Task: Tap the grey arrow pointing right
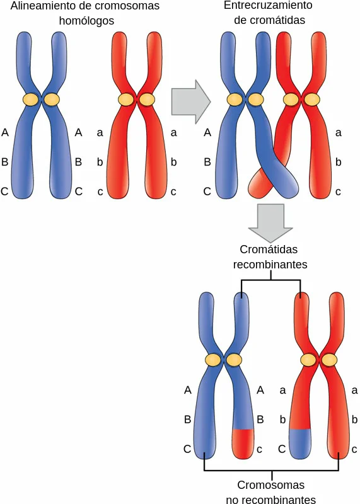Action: click(191, 102)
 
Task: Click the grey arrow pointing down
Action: click(270, 223)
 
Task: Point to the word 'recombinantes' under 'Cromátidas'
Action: click(270, 265)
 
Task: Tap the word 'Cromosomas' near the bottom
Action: click(271, 485)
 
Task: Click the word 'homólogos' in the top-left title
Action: click(86, 21)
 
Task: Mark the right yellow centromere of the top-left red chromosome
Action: click(147, 100)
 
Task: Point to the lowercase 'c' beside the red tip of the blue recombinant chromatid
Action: click(260, 449)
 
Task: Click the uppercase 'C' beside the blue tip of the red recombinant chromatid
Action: click(282, 449)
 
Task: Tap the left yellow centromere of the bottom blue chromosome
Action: click(214, 360)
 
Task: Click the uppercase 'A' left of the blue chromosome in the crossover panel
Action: click(207, 132)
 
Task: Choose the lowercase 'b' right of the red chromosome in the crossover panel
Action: click(338, 162)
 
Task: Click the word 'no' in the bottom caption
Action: click(231, 500)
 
